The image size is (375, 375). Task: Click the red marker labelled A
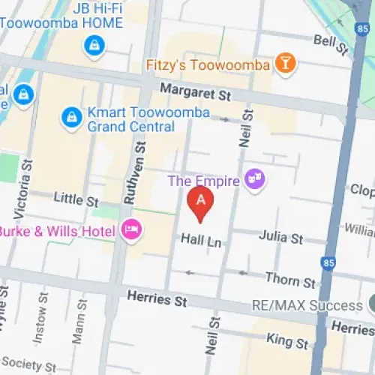[200, 201]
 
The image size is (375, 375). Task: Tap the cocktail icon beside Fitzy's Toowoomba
[285, 64]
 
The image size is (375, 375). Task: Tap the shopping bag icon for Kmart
[70, 116]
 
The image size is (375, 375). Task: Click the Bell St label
[332, 43]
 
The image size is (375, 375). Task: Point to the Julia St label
[280, 238]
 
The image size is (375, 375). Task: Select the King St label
[287, 341]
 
